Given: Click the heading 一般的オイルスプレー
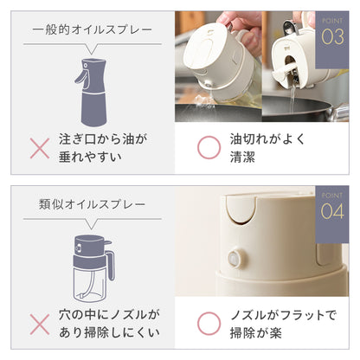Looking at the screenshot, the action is click(x=92, y=29).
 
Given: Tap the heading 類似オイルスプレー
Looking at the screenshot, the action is click(x=92, y=204).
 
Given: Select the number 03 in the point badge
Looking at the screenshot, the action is click(x=332, y=37).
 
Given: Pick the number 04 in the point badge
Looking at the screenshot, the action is click(x=332, y=211).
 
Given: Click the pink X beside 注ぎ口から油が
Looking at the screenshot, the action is click(x=40, y=148).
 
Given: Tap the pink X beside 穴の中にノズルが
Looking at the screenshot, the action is click(x=40, y=325).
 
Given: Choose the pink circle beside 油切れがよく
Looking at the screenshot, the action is click(x=209, y=147).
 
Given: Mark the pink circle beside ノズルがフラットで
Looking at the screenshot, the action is click(x=209, y=324).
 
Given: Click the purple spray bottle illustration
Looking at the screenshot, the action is click(x=92, y=93).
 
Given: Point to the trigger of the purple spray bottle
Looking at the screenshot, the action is click(x=81, y=77).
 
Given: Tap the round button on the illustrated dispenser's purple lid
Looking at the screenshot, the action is click(x=78, y=247).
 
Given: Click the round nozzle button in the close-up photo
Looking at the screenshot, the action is click(x=235, y=259).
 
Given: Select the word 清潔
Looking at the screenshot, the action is click(x=242, y=157).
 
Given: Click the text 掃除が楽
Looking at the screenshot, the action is click(x=255, y=333).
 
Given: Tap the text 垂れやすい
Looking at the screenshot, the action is click(x=90, y=157).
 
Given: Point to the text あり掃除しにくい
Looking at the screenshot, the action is click(x=109, y=332).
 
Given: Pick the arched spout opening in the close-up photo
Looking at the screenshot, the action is click(x=241, y=209).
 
